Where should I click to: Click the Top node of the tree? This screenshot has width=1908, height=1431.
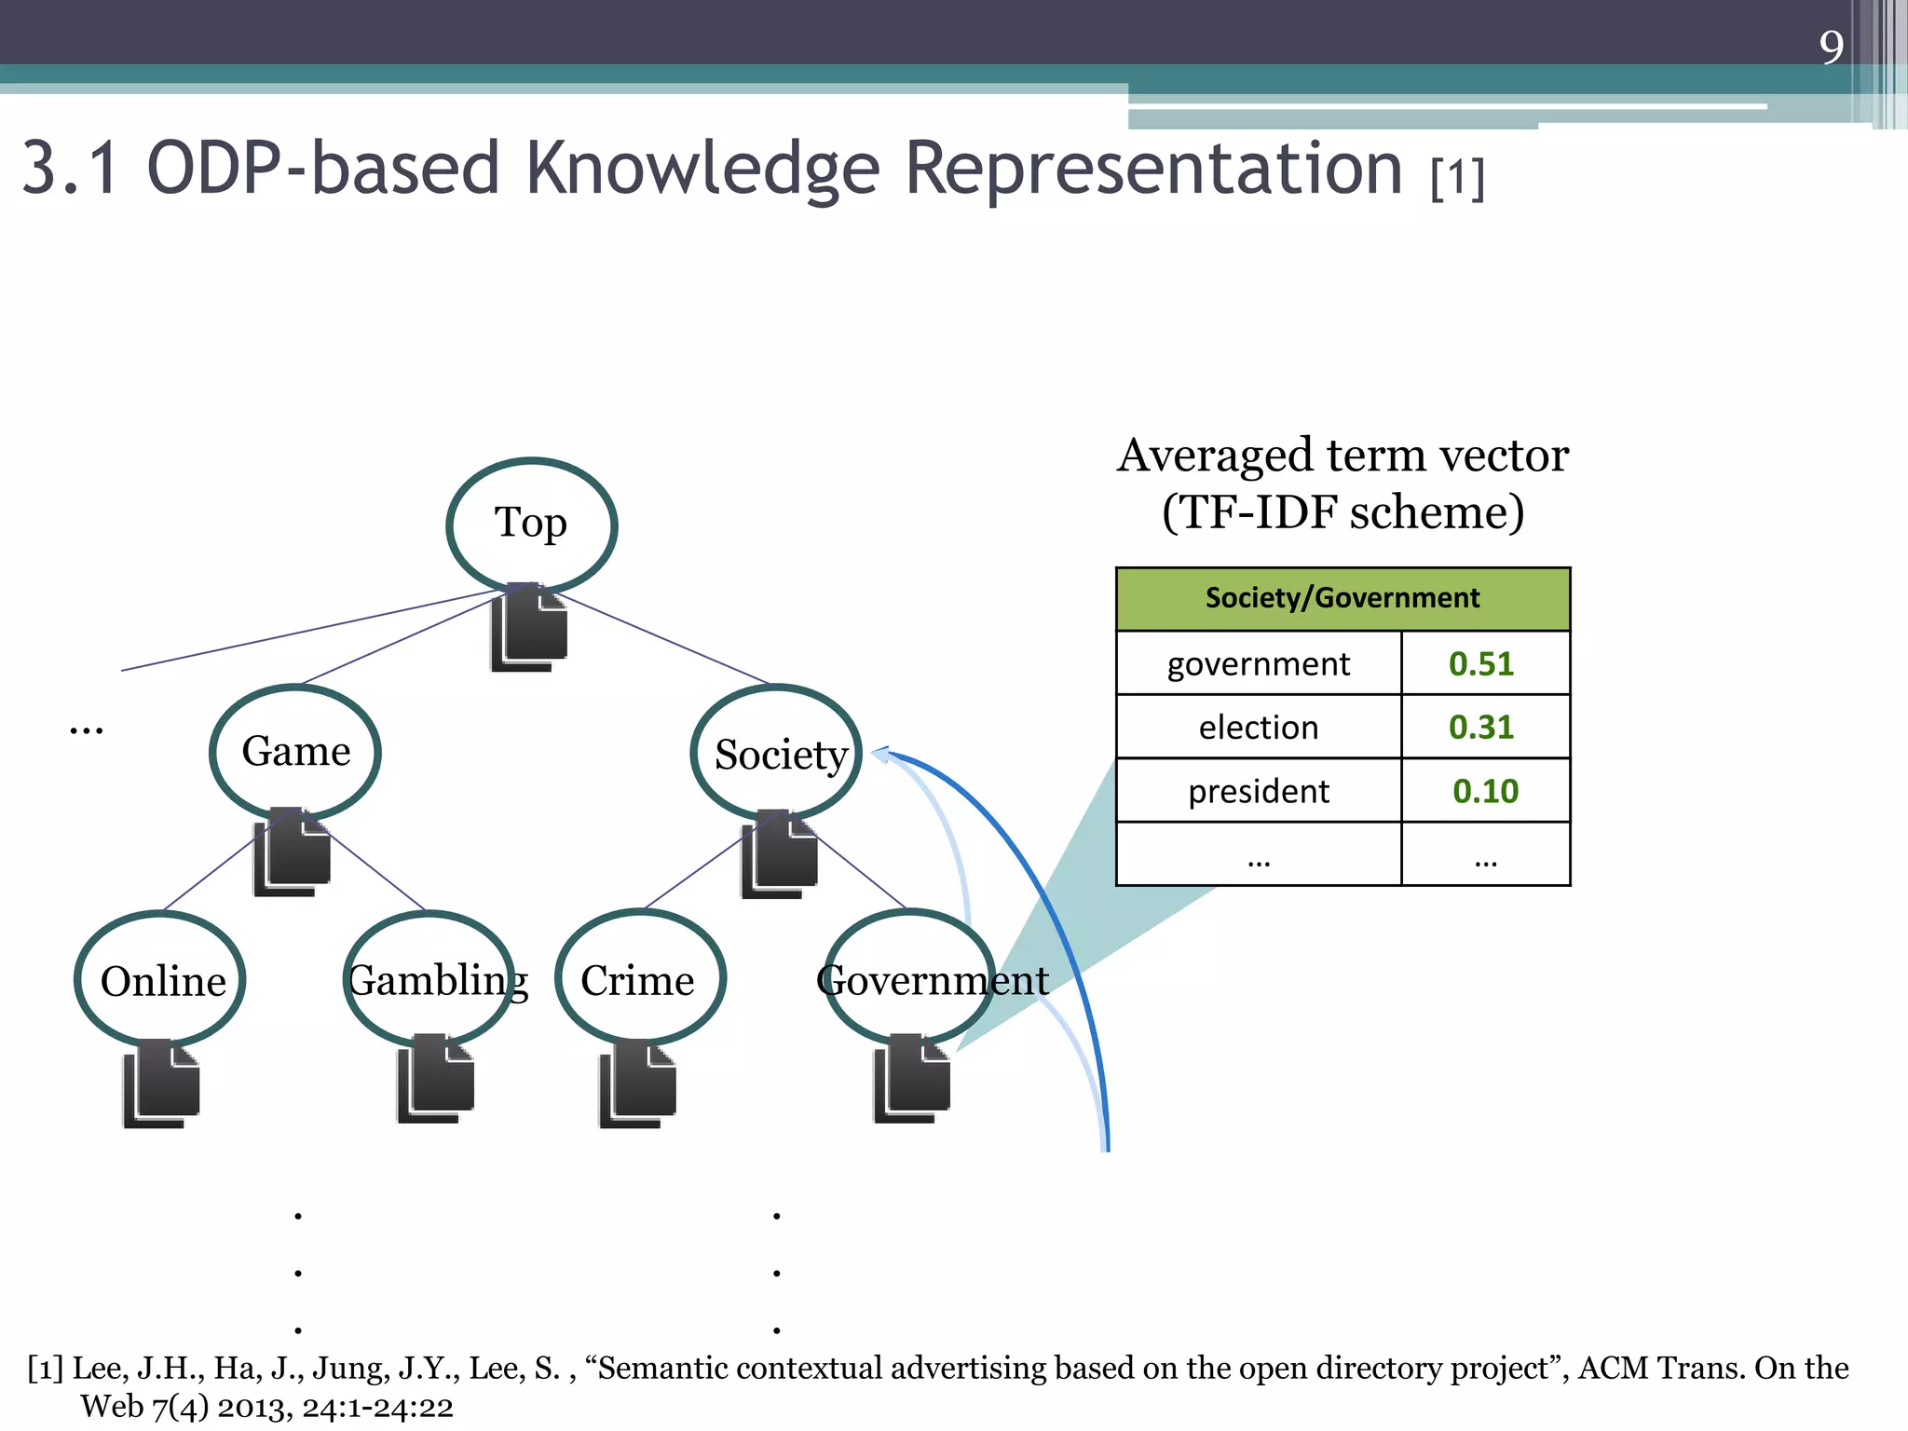tap(531, 524)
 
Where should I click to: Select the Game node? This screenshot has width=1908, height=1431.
tap(295, 751)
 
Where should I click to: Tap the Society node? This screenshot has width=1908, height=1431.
tap(778, 753)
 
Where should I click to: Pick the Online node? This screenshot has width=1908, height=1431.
tap(162, 980)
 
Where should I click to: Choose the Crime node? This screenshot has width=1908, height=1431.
tap(638, 979)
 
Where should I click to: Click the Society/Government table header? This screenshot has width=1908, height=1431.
tap(1342, 598)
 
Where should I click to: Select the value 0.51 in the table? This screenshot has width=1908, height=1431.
tap(1481, 663)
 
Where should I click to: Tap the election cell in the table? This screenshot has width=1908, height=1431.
tap(1258, 727)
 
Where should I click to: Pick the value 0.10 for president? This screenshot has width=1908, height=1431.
tap(1485, 791)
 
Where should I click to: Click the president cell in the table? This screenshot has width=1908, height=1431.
tap(1258, 791)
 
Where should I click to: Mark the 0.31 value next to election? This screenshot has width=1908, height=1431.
tap(1481, 727)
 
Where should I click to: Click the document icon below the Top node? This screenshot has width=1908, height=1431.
tap(529, 629)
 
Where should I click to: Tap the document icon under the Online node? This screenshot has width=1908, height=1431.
tap(161, 1083)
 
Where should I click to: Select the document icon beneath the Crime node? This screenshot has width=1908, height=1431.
tap(637, 1083)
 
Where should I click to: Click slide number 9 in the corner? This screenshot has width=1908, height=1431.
tap(1831, 47)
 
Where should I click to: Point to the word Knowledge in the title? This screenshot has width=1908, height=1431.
tap(702, 170)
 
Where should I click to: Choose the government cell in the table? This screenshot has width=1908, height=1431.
tap(1258, 663)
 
